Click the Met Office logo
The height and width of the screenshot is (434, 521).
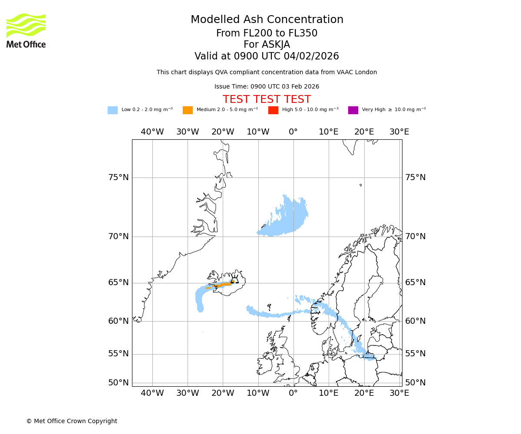tap(26, 31)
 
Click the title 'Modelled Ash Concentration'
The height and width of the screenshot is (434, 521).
tap(267, 20)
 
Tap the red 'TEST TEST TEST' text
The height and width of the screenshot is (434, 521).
tap(267, 100)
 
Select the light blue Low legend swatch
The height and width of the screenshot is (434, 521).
tap(112, 110)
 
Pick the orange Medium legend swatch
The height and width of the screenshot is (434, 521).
tap(188, 110)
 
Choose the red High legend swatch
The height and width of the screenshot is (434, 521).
tap(273, 110)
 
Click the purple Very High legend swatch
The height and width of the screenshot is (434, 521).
tap(353, 110)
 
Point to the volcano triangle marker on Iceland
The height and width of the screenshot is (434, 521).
tap(234, 280)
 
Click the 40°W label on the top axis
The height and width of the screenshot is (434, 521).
tap(152, 132)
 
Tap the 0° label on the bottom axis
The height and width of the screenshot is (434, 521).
tap(293, 393)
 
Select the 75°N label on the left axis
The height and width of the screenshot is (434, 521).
tap(119, 178)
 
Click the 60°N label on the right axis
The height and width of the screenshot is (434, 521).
tap(415, 321)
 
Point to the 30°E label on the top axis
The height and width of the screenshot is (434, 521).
tap(399, 132)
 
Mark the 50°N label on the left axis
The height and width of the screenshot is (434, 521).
tap(119, 383)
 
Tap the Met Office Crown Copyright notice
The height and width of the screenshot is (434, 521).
tap(72, 421)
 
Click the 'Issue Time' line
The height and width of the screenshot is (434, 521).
tap(267, 87)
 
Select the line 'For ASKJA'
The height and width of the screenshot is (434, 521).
tap(267, 45)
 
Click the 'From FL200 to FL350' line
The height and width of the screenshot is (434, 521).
tap(267, 33)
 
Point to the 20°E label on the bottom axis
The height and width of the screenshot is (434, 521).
tap(364, 393)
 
